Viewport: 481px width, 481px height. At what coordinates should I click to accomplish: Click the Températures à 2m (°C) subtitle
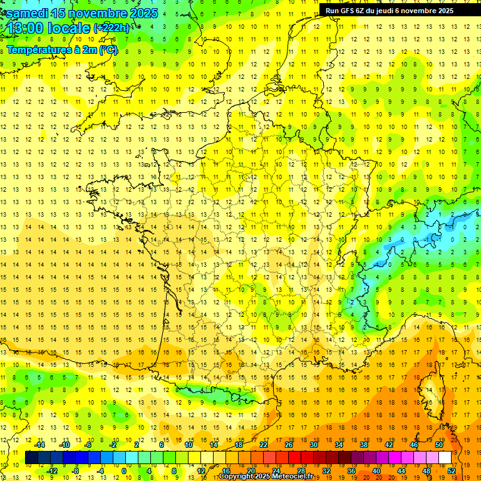coord(62,49)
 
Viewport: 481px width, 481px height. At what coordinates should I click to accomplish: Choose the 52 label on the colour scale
coord(452,471)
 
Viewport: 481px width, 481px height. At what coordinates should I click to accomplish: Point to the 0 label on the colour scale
coord(123,471)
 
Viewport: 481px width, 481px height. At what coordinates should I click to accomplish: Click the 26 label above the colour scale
coord(289,445)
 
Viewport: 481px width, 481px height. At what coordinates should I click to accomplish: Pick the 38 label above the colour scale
coord(364,445)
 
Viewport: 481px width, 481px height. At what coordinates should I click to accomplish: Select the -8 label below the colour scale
coord(75,471)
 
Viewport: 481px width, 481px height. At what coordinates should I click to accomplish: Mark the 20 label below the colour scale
coord(251,471)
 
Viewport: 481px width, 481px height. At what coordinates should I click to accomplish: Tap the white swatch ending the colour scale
coord(445,458)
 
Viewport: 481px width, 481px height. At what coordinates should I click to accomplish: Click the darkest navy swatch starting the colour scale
coord(31,458)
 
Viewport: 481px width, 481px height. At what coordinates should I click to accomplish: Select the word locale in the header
coord(68,28)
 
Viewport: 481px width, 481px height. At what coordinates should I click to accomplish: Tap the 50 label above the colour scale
coord(439,445)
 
